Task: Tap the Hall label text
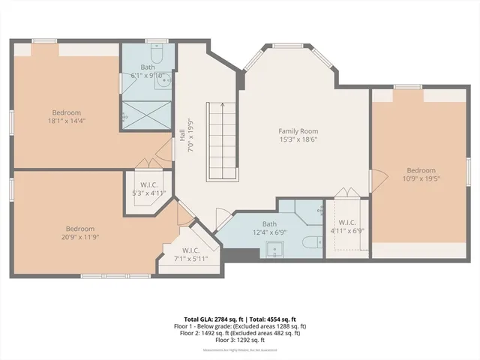tap(182, 136)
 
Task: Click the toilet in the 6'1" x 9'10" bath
tap(155, 55)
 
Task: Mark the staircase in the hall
tap(222, 141)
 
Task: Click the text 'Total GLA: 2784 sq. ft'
tap(211, 319)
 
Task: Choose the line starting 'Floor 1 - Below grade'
tap(240, 326)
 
